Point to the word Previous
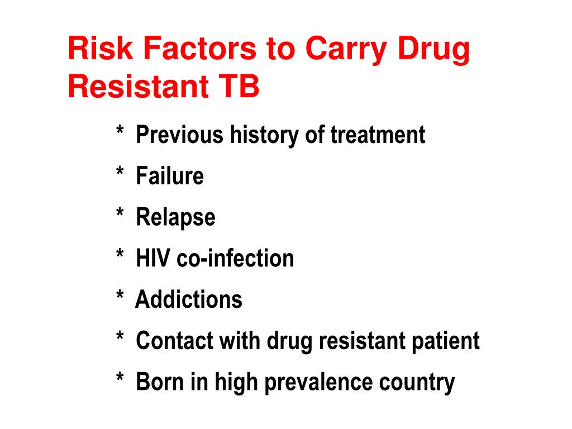(179, 135)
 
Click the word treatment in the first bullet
(378, 135)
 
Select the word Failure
(170, 177)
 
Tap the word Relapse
(175, 218)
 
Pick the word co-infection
(235, 259)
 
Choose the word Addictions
(189, 300)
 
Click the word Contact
(172, 341)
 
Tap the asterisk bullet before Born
(120, 380)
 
